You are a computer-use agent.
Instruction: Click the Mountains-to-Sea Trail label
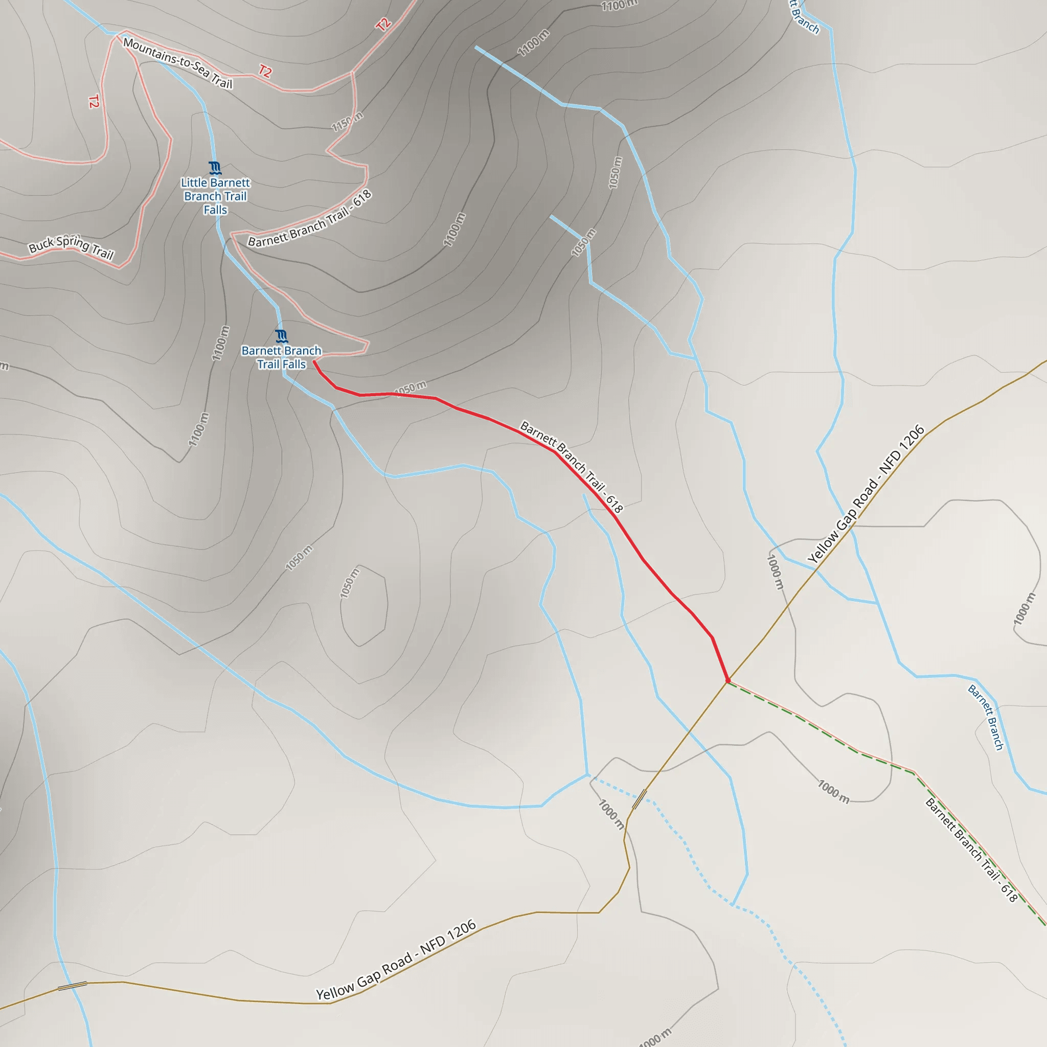(178, 63)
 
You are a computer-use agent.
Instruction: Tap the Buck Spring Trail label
(71, 247)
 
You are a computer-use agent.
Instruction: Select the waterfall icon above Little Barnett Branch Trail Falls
(215, 168)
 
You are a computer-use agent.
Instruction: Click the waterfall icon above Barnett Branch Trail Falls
(281, 336)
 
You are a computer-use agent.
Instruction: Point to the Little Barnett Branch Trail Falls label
(216, 196)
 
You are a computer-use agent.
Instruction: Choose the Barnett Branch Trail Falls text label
(281, 358)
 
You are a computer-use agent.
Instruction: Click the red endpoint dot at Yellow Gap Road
(728, 680)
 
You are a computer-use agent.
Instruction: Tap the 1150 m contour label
(347, 121)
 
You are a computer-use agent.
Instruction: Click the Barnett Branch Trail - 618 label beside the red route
(572, 467)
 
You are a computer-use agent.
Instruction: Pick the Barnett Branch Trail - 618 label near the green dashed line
(971, 850)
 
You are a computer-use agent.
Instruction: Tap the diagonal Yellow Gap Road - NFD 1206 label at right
(866, 494)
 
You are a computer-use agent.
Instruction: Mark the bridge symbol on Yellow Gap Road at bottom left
(73, 986)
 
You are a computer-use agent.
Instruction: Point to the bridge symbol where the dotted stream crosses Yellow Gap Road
(640, 799)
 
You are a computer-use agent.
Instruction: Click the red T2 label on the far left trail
(94, 101)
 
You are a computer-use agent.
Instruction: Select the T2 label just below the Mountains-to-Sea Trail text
(265, 72)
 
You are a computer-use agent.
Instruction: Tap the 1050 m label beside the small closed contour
(349, 583)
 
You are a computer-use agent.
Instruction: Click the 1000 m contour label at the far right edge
(1024, 608)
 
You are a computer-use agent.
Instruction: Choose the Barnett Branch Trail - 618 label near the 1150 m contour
(310, 218)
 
